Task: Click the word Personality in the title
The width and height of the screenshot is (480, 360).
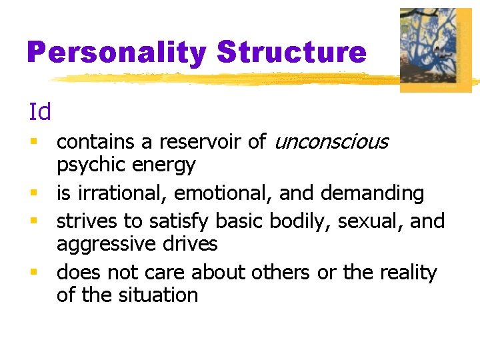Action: click(117, 53)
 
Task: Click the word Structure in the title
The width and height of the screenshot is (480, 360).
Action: click(292, 53)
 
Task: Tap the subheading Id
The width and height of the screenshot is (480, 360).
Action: click(40, 112)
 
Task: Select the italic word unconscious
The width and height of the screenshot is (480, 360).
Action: click(331, 142)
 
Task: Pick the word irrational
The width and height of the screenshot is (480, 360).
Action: click(123, 193)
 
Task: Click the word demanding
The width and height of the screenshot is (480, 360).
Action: click(372, 193)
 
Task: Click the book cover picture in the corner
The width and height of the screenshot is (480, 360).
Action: click(435, 50)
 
